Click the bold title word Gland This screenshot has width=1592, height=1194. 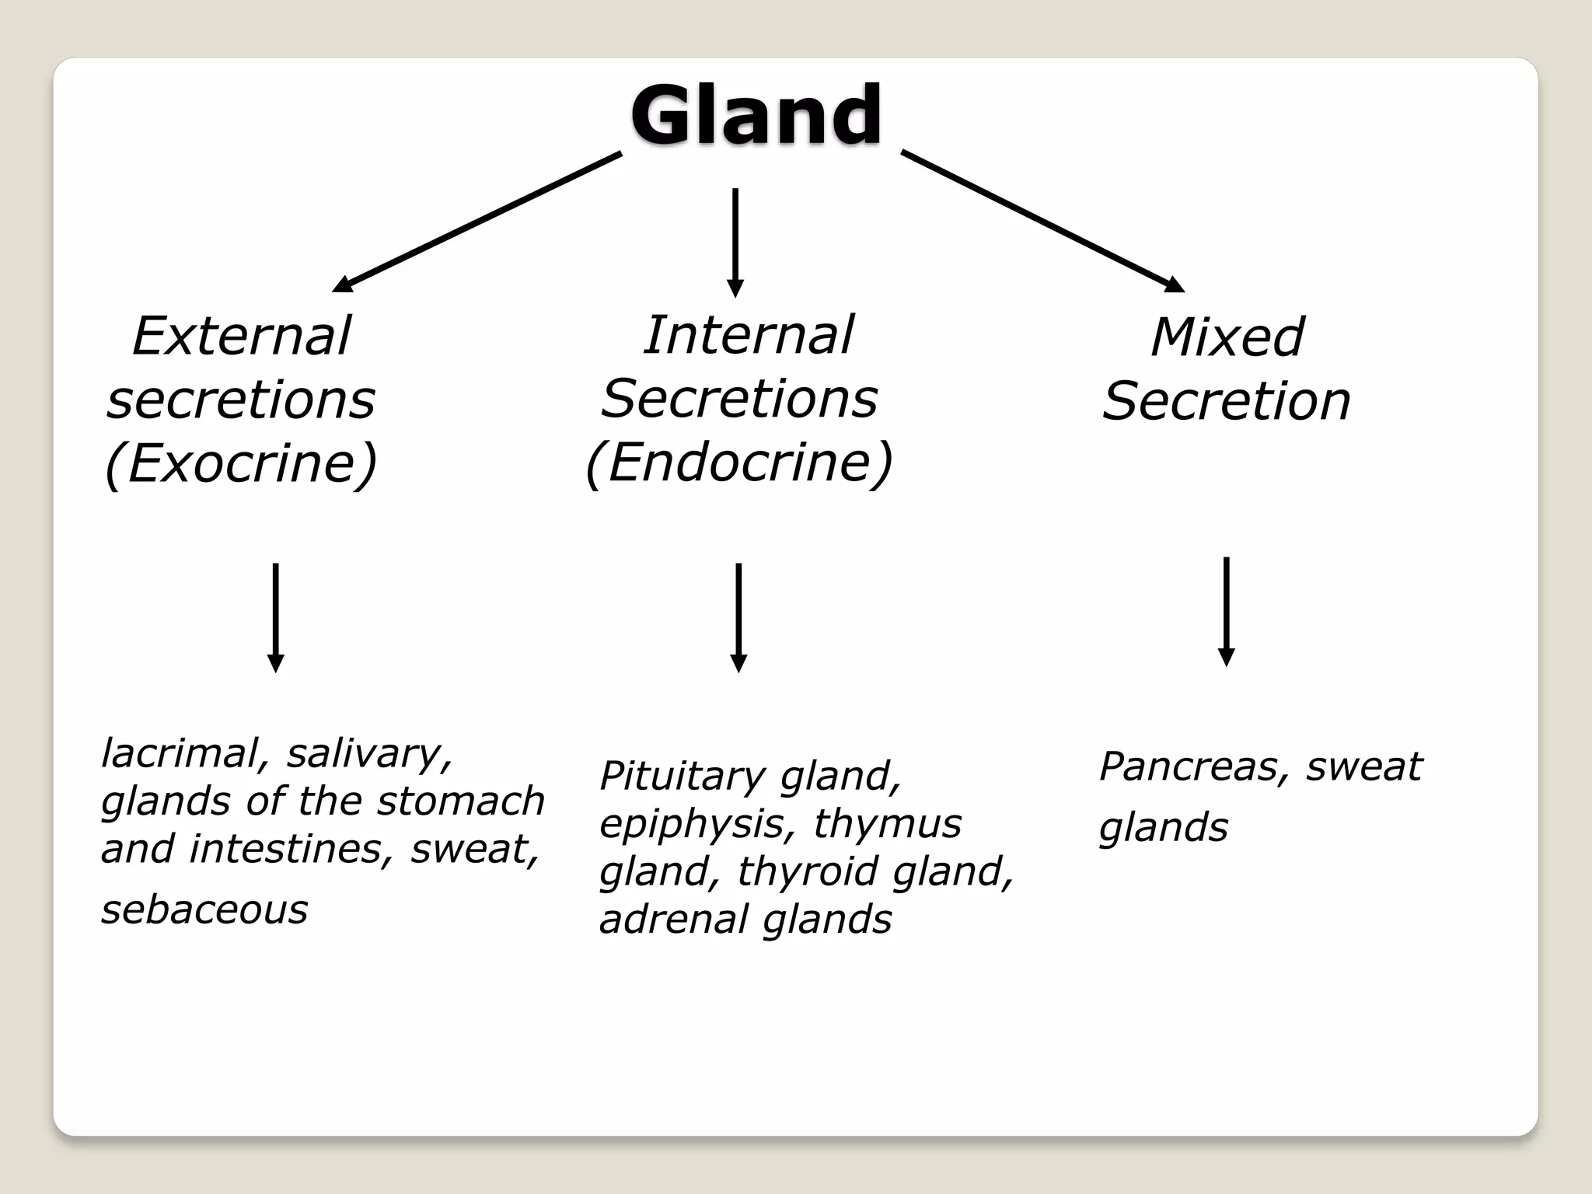pyautogui.click(x=756, y=115)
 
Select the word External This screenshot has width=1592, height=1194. pyautogui.click(x=242, y=336)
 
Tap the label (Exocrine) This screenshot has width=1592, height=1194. pyautogui.click(x=241, y=463)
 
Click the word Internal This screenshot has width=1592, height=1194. pyautogui.click(x=748, y=335)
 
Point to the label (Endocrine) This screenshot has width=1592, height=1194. pyautogui.click(x=738, y=463)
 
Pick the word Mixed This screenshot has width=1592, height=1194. pyautogui.click(x=1227, y=337)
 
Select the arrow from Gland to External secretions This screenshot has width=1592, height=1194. pyautogui.click(x=477, y=222)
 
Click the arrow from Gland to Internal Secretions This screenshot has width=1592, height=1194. pyautogui.click(x=735, y=242)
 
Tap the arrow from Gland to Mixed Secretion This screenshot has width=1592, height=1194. pyautogui.click(x=1042, y=222)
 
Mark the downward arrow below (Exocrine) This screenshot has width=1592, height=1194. pyautogui.click(x=275, y=617)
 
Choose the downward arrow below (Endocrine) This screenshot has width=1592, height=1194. pyautogui.click(x=738, y=617)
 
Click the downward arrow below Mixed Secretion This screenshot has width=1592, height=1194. pyautogui.click(x=1226, y=611)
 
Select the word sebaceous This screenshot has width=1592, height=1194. pyautogui.click(x=204, y=909)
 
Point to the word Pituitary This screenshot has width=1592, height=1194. pyautogui.click(x=683, y=776)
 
